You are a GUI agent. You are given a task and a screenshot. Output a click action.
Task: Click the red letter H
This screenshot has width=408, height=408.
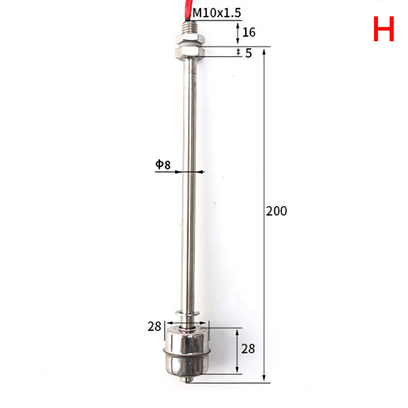[x=384, y=29]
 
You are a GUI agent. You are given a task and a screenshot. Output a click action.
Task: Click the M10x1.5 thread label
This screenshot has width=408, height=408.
[x=216, y=13]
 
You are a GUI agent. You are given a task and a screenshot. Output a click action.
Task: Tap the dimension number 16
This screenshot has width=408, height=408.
[x=249, y=32]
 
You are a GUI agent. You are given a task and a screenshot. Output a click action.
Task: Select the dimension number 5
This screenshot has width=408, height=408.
[x=248, y=53]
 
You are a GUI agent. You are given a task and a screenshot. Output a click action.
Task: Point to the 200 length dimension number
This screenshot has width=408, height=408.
[x=276, y=211]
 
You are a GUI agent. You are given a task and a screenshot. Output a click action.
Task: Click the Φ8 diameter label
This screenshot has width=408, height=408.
[x=163, y=164]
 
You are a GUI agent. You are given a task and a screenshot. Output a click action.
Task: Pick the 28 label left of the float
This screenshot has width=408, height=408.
[x=155, y=326]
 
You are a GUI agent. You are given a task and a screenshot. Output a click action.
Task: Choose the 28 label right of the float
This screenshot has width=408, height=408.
[x=248, y=349]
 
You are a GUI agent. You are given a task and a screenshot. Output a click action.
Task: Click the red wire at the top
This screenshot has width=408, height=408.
[x=188, y=10]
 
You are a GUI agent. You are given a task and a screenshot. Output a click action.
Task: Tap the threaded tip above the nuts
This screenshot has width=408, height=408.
[x=190, y=29]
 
